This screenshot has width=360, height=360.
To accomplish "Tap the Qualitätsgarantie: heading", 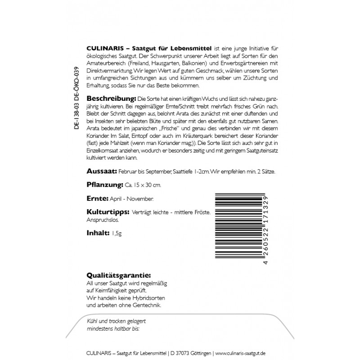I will tap(118, 275).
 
